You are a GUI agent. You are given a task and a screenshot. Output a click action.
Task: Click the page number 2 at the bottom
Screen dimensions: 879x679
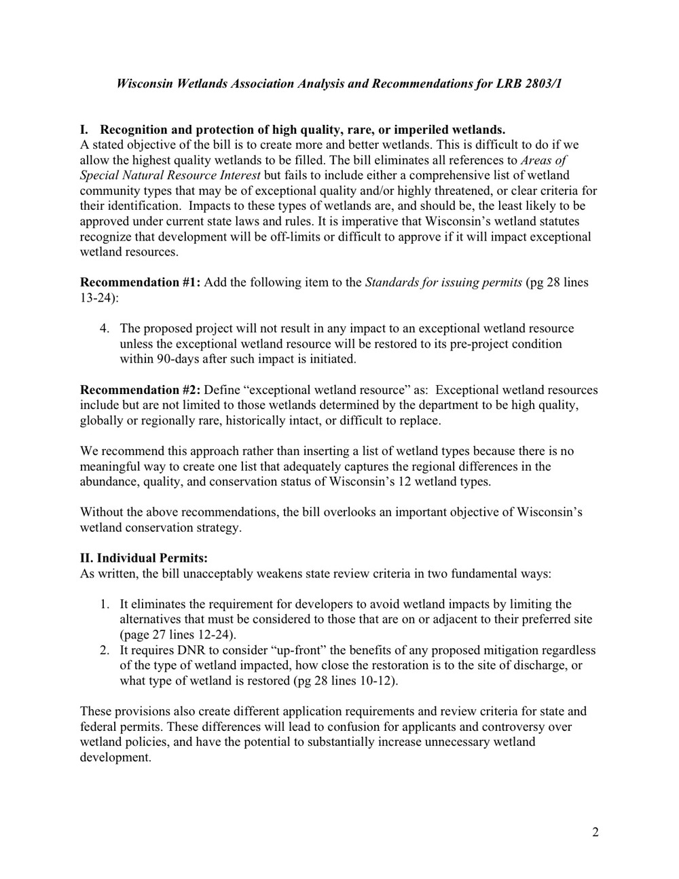click(595, 833)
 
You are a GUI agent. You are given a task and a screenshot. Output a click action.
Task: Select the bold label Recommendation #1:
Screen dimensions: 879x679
click(141, 283)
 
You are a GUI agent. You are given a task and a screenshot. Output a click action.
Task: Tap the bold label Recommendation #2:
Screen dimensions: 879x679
click(141, 390)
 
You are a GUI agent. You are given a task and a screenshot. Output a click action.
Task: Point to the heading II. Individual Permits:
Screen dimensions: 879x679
click(144, 558)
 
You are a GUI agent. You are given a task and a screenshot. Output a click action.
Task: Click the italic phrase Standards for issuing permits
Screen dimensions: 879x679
click(444, 283)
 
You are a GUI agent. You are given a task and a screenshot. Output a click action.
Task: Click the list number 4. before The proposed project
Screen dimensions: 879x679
click(105, 329)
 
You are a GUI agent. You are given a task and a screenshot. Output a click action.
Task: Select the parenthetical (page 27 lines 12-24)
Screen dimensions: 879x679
click(178, 635)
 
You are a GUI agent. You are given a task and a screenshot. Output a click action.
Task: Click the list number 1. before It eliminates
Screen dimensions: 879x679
click(105, 605)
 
